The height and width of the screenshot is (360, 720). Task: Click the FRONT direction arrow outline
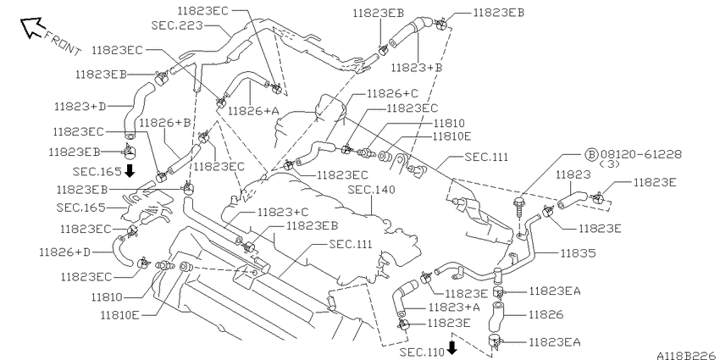(31, 27)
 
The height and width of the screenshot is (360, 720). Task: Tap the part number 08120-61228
(640, 155)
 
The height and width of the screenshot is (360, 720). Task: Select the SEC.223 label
(177, 25)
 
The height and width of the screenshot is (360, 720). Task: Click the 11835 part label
(578, 253)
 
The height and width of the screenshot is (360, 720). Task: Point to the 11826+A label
(253, 110)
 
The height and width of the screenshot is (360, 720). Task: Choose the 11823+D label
(80, 107)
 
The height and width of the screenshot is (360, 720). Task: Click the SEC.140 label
(371, 189)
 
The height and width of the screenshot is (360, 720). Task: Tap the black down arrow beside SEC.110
(452, 347)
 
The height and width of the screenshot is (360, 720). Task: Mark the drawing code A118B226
(686, 356)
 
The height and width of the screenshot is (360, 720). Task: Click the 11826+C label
(393, 94)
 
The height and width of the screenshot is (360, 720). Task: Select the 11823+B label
(417, 68)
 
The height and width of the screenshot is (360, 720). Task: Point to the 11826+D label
(64, 252)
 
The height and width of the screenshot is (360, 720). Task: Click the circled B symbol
(591, 155)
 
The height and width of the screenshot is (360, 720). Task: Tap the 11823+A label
(454, 307)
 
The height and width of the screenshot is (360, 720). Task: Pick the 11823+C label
(283, 212)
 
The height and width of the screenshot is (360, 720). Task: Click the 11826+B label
(165, 123)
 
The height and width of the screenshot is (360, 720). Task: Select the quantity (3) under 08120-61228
(610, 164)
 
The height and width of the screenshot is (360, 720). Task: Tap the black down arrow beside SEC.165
(130, 171)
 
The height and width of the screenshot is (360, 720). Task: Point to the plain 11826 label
(546, 315)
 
